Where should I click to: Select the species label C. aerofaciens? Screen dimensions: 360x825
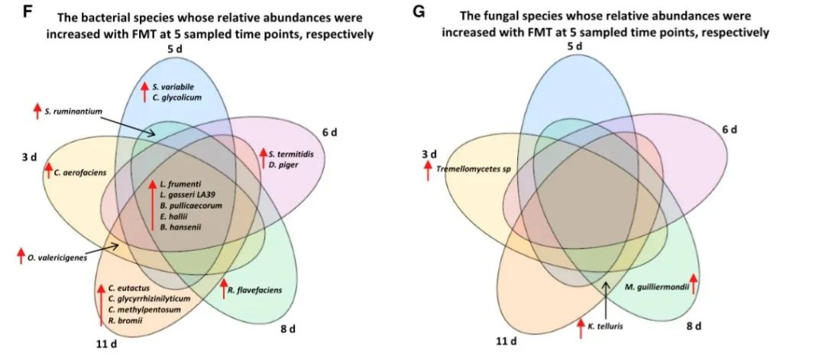(80, 172)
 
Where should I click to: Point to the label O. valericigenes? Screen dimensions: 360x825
(57, 258)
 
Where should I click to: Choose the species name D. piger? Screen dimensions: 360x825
(283, 164)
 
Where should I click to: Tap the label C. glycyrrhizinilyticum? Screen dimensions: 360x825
(148, 299)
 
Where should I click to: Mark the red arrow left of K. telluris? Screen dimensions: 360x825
(581, 325)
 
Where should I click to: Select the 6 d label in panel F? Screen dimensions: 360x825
(329, 132)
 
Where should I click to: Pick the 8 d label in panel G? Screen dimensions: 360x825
(693, 325)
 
